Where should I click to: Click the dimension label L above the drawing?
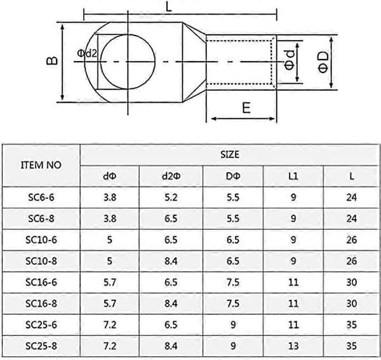tap(169, 7)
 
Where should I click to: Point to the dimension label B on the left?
tap(52, 61)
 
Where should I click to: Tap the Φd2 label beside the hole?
tap(87, 53)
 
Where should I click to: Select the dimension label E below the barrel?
tap(246, 107)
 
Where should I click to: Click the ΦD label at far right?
tap(323, 62)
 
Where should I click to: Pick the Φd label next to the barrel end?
tap(290, 60)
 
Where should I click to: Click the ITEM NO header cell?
tap(41, 165)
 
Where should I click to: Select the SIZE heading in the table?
tap(230, 155)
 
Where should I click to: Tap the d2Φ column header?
tap(171, 176)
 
